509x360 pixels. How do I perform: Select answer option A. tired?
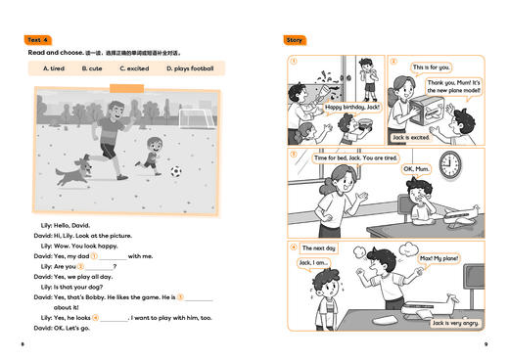pyautogui.click(x=55, y=68)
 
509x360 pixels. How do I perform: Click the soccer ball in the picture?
pyautogui.click(x=176, y=171)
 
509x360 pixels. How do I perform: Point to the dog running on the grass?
pyautogui.click(x=71, y=174)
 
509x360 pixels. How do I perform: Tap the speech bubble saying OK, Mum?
pyautogui.click(x=417, y=169)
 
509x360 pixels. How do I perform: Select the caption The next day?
pyautogui.click(x=318, y=248)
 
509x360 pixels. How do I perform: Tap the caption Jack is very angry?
pyautogui.click(x=455, y=322)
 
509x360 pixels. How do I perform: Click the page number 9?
pyautogui.click(x=486, y=344)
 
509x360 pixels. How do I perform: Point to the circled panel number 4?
pyautogui.click(x=293, y=247)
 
